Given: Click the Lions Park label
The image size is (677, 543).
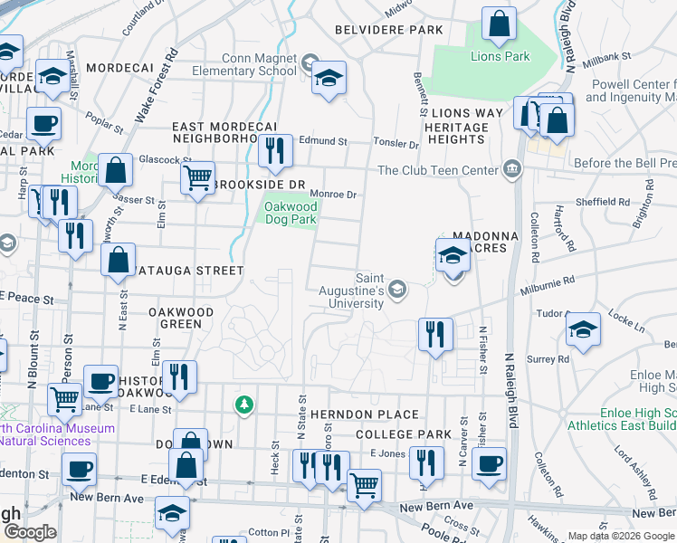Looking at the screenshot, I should [x=500, y=56].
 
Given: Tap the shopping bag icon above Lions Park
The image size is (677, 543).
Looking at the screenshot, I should [x=499, y=25].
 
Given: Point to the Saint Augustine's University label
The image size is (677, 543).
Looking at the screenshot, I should [x=356, y=291].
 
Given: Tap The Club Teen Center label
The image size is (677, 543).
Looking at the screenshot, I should [x=438, y=170].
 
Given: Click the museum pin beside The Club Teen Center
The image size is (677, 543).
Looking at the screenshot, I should [x=512, y=168].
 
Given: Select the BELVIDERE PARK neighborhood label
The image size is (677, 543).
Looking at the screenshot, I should [x=389, y=30].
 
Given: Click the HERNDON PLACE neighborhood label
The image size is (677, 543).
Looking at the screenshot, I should [x=365, y=414].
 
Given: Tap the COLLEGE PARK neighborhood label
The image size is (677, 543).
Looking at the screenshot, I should [x=403, y=434].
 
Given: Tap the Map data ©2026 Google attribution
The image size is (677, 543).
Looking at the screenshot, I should [x=621, y=536].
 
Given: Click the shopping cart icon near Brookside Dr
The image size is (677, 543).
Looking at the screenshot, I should [x=197, y=176].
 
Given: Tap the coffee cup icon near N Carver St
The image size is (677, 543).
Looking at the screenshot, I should [x=490, y=463].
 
